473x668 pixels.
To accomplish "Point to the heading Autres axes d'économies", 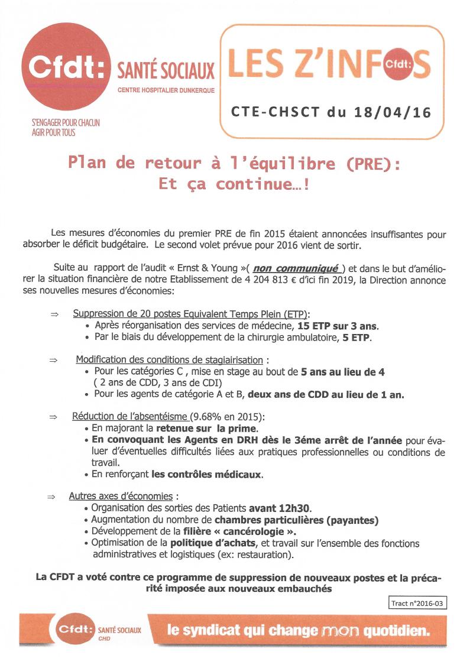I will pyautogui.click(x=121, y=496).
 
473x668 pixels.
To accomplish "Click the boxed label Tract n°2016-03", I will pyautogui.click(x=416, y=603).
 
